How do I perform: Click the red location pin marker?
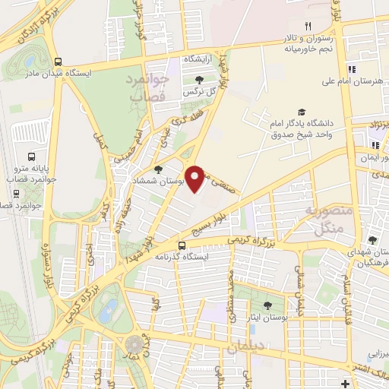click(196, 179)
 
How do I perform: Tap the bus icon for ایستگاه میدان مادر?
click(59, 62)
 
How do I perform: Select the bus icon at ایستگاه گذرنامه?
click(181, 245)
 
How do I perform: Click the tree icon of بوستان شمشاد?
click(158, 170)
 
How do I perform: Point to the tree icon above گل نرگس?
click(199, 80)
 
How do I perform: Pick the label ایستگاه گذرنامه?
click(201, 257)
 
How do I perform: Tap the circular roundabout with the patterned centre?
click(137, 346)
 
